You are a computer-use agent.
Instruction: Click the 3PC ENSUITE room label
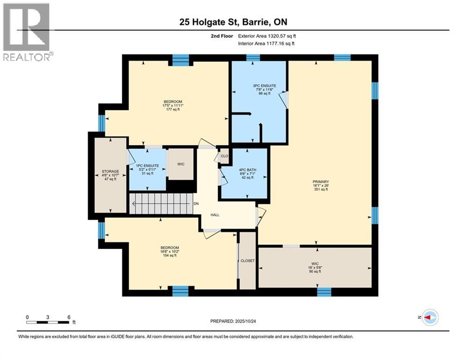(265, 86)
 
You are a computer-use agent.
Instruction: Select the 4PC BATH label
(248, 170)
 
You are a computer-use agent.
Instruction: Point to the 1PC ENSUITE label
(148, 166)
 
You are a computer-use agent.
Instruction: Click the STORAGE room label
(110, 172)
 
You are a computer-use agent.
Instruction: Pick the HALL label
(215, 215)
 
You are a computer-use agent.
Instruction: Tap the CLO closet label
(224, 156)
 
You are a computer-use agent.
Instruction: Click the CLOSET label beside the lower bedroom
(248, 261)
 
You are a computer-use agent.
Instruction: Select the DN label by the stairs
(196, 204)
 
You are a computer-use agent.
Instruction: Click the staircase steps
(161, 204)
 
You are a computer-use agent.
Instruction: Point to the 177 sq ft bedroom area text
(173, 110)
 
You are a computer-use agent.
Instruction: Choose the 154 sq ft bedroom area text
(170, 255)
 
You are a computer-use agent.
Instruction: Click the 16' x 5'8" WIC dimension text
(315, 268)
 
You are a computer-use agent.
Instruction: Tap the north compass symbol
(430, 317)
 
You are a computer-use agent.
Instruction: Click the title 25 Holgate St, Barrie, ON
(233, 22)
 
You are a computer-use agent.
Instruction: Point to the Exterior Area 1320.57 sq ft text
(267, 36)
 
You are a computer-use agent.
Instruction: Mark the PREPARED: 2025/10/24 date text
(233, 321)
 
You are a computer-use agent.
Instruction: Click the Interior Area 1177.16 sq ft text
(266, 44)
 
